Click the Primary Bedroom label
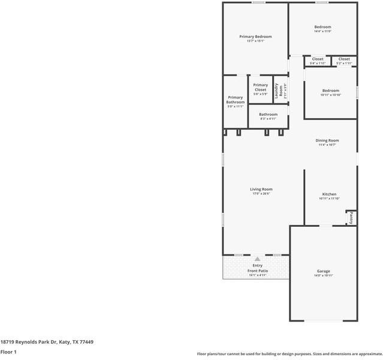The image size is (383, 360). (255, 37)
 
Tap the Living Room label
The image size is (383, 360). (261, 189)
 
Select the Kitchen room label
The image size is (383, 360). (329, 194)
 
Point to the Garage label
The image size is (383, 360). (323, 271)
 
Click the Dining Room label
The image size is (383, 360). (327, 140)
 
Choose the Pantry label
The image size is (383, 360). (351, 218)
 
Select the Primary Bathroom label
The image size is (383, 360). (236, 100)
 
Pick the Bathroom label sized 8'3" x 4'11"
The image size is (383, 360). (268, 115)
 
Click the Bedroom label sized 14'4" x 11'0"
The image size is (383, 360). (322, 27)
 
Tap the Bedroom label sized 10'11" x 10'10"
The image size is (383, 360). (330, 91)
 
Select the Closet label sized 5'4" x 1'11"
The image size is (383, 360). (318, 59)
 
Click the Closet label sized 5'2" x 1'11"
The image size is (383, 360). (344, 59)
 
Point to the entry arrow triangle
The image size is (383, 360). (257, 259)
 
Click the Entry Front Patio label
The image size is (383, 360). (258, 268)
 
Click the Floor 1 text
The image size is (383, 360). (8, 352)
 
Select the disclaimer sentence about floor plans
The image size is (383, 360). (289, 354)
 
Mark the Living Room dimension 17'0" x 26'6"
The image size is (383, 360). (261, 194)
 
